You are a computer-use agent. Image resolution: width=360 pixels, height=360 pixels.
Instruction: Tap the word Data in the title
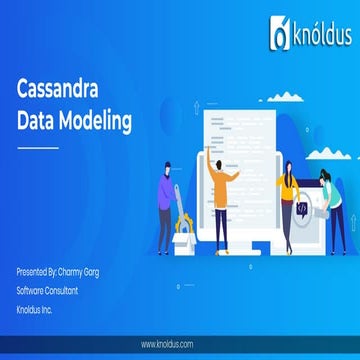point(37,122)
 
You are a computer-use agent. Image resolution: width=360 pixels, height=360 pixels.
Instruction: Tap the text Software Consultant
point(47,290)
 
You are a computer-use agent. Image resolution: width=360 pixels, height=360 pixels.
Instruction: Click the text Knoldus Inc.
point(35,308)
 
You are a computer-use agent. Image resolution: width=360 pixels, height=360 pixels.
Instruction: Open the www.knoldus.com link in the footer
point(179,345)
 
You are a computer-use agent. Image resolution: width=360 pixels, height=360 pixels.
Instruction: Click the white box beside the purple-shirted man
point(184,236)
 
